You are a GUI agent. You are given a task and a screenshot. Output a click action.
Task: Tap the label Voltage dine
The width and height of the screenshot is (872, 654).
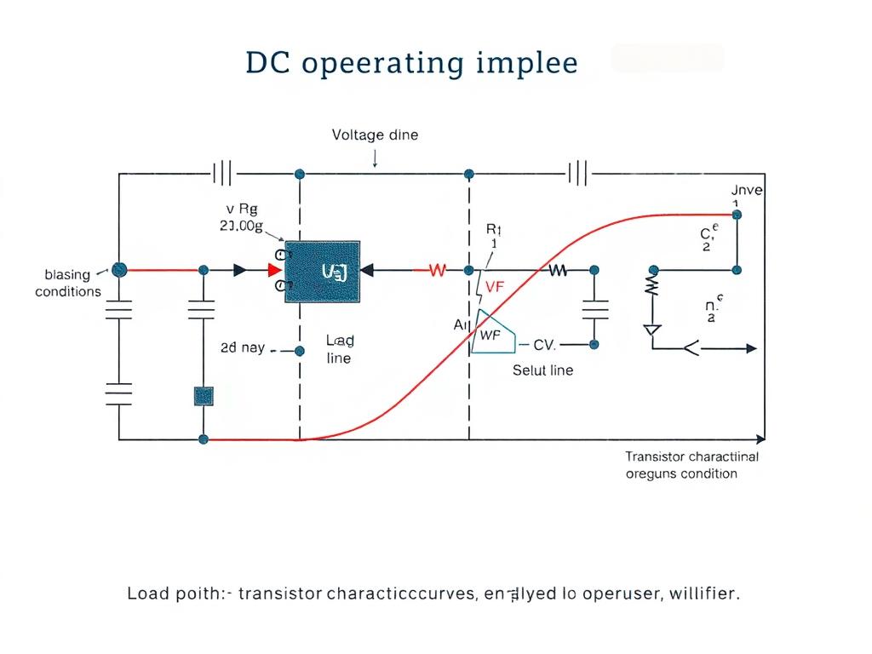tap(375, 135)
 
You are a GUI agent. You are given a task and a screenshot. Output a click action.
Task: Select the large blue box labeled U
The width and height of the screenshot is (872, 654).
tap(324, 271)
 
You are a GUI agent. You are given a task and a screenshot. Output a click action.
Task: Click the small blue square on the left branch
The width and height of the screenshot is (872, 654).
tap(204, 395)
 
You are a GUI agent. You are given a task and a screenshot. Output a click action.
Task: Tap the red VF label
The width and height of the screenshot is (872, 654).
tap(495, 287)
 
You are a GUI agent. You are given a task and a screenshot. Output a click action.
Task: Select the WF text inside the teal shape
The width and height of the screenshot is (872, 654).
tap(491, 335)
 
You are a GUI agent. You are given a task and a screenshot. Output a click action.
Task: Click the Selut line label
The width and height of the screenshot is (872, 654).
tap(542, 370)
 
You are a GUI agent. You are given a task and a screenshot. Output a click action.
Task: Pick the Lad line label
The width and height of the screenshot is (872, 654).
tap(340, 349)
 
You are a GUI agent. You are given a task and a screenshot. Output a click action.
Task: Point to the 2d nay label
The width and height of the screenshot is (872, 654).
tap(243, 348)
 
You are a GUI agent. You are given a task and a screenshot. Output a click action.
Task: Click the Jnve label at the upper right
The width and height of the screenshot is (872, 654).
tap(747, 190)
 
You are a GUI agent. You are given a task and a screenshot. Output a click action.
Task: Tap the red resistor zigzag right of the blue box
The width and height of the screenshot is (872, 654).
tap(437, 270)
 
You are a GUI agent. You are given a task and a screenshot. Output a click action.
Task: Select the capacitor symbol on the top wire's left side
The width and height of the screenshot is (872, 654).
tap(223, 174)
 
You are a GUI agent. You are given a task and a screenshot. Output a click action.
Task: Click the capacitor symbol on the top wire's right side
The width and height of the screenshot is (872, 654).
tap(578, 174)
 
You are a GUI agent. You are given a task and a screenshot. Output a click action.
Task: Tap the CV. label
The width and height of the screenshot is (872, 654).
tap(544, 345)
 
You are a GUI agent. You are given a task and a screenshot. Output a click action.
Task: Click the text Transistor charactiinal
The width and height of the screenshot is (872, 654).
tap(691, 456)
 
